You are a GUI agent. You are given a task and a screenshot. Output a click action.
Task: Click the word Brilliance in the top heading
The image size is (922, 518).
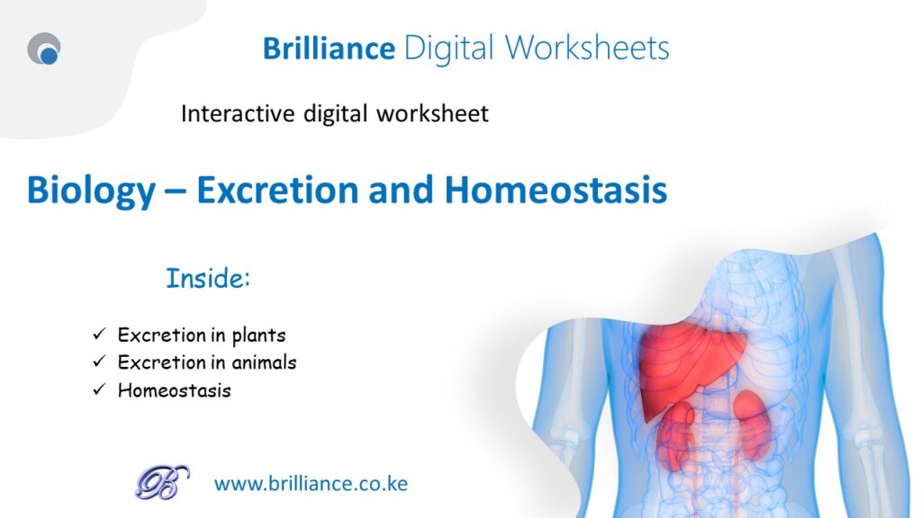(x=329, y=49)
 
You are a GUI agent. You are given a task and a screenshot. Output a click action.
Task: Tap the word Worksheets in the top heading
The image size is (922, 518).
(x=587, y=49)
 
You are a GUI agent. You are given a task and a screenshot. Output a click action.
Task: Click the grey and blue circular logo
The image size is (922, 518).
(x=44, y=49)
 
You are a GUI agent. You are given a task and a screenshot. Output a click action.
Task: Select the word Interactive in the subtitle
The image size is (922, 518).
(x=238, y=113)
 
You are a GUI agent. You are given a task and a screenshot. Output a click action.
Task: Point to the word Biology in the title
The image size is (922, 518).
(x=91, y=192)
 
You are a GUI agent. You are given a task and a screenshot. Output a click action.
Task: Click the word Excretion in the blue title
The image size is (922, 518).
(x=277, y=191)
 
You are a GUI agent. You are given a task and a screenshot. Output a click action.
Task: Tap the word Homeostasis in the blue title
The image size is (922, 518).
(x=556, y=191)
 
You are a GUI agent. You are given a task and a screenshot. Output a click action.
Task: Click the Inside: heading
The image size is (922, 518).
(x=208, y=278)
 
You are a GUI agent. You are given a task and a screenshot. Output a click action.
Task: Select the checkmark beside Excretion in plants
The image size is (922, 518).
(x=99, y=334)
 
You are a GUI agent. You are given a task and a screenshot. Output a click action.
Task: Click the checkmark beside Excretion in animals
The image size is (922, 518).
(x=99, y=361)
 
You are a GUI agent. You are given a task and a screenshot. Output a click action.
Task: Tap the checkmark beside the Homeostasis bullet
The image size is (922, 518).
(x=99, y=388)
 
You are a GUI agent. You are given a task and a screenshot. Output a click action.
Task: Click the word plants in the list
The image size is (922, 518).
(x=258, y=336)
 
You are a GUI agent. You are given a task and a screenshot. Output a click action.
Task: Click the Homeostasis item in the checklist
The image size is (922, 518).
(x=174, y=390)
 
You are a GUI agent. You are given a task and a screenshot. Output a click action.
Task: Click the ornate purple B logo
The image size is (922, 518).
(x=162, y=482)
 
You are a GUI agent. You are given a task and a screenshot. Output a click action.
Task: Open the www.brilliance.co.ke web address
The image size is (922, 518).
(x=311, y=484)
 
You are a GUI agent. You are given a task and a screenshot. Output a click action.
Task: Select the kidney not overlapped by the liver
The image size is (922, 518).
(x=752, y=423)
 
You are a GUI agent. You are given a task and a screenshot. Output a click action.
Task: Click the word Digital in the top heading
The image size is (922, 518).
(x=449, y=49)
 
